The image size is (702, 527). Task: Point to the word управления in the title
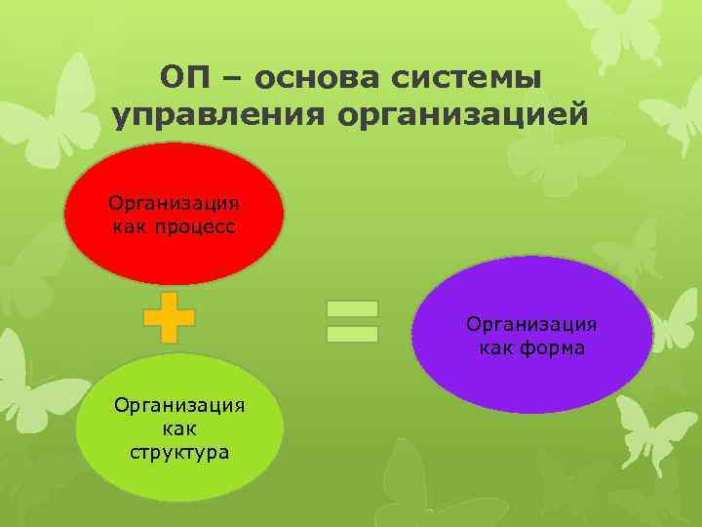point(220,115)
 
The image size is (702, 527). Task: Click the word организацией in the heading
point(463,115)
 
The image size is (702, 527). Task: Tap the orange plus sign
point(169,317)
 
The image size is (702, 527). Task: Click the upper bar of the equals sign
point(351,308)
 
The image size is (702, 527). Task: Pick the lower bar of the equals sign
point(351,334)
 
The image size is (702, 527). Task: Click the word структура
point(179,452)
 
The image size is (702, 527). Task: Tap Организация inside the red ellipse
point(174,204)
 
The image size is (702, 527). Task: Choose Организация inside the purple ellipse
point(531,324)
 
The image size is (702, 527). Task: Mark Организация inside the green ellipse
point(179,405)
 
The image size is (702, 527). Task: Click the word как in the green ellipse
point(179,428)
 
